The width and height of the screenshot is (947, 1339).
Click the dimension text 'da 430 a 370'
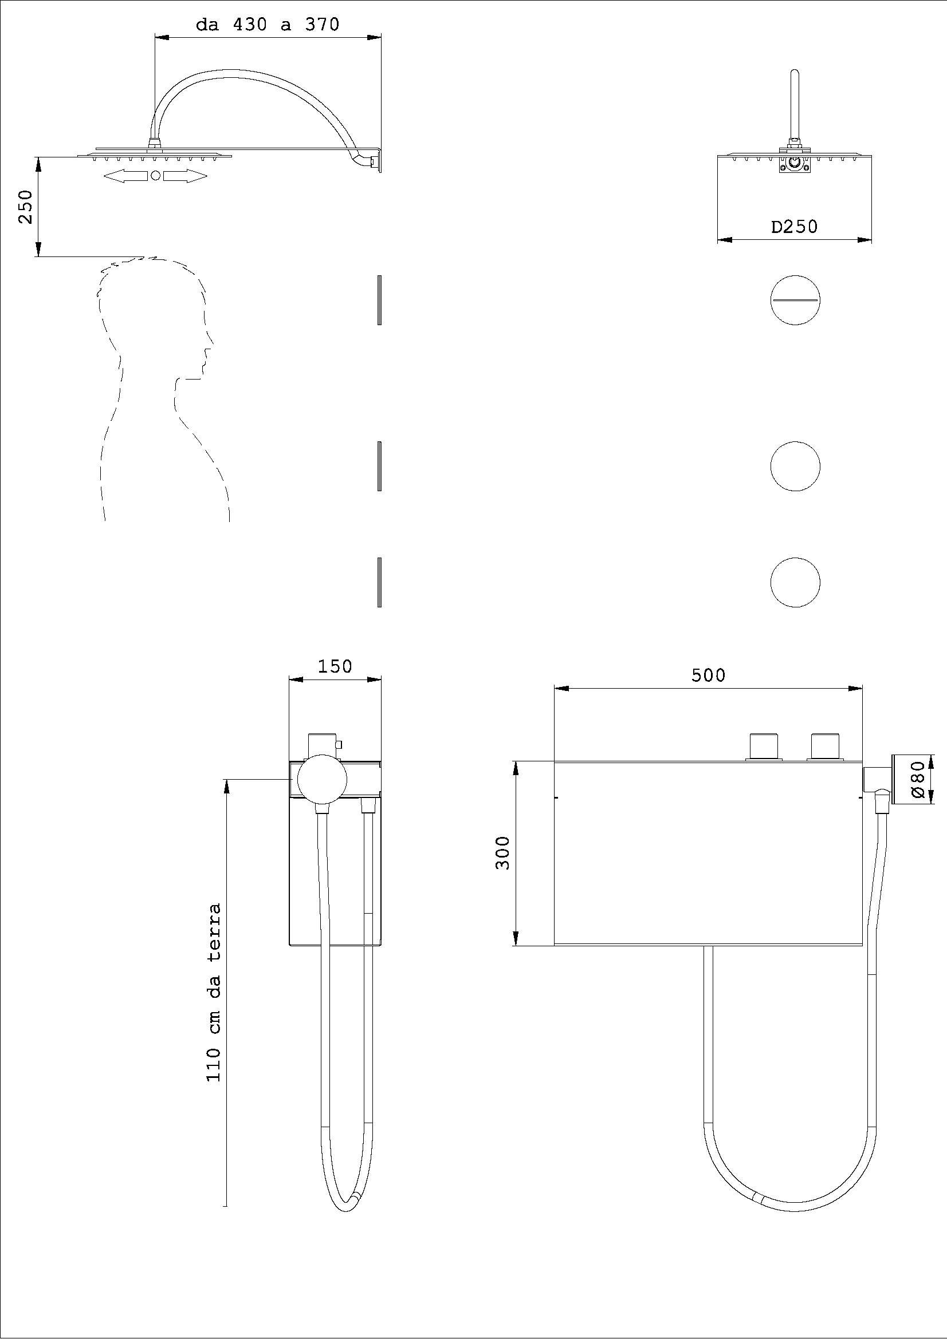[x=268, y=25]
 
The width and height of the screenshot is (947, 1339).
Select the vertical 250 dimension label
[x=26, y=207]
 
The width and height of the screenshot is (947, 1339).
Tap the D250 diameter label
[x=794, y=226]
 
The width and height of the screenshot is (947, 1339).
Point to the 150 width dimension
[x=335, y=666]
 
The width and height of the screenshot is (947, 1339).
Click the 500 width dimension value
[x=708, y=676]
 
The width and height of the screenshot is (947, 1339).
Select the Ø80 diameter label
[x=918, y=780]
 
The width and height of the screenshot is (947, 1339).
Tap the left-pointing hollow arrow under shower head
[x=125, y=176]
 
